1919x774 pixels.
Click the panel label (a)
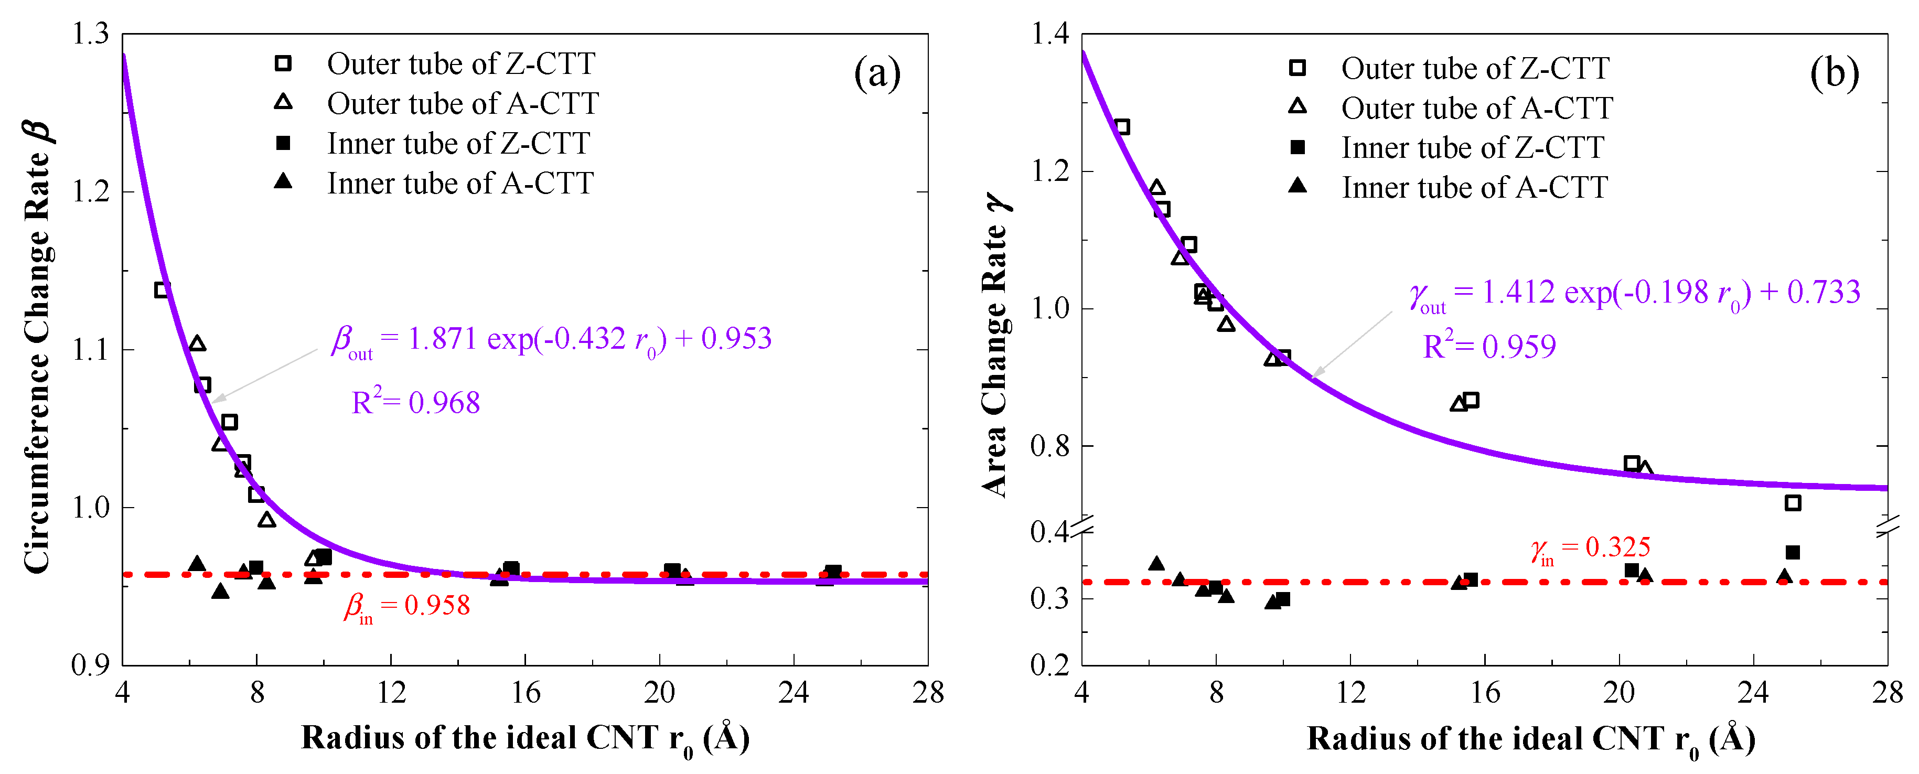tap(877, 74)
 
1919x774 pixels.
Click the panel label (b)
tap(1834, 74)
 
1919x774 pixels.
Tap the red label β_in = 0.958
tap(407, 606)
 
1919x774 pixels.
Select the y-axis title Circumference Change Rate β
tap(37, 347)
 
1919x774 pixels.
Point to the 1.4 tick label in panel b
tap(1049, 34)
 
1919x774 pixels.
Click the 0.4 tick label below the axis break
tap(1049, 532)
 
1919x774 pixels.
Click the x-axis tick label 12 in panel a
tap(391, 693)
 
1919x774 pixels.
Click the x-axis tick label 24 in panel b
tap(1753, 693)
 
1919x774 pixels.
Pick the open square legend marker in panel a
tap(283, 63)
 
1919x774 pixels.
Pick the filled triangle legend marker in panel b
tap(1298, 186)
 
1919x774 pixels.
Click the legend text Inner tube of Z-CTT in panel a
tap(458, 143)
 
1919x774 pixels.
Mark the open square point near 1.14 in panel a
tap(163, 289)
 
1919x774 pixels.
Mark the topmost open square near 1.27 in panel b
tap(1122, 127)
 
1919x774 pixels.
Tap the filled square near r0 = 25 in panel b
tap(1793, 553)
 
